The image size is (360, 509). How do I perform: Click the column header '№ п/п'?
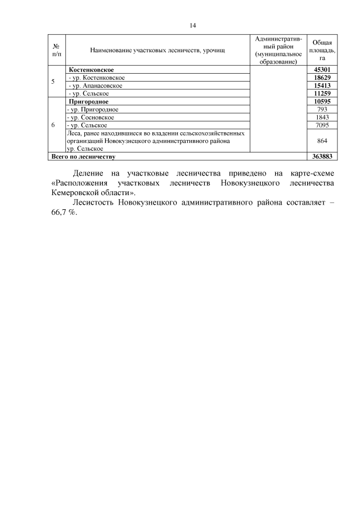(56, 50)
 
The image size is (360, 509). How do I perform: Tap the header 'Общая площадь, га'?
(322, 50)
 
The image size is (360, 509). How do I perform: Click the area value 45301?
(322, 69)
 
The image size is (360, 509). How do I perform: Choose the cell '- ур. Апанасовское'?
(94, 85)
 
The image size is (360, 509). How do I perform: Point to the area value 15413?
(322, 85)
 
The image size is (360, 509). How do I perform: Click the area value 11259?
(322, 93)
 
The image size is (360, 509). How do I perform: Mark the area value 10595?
(322, 101)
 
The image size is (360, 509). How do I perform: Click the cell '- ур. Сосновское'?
(91, 117)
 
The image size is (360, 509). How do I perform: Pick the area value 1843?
(322, 117)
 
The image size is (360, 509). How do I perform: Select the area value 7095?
(322, 125)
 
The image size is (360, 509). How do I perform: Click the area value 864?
(322, 141)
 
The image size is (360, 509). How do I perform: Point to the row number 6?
(53, 125)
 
